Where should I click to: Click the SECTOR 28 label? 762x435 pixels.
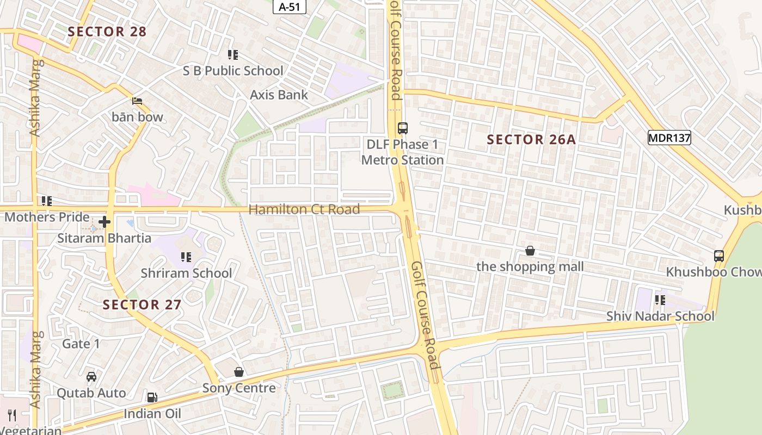point(107,32)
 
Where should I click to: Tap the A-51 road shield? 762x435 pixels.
point(289,7)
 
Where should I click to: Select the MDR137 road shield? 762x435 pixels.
point(669,138)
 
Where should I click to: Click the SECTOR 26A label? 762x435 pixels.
point(531,140)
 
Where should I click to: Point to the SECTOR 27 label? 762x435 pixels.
point(142,304)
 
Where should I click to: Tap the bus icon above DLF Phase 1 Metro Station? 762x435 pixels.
point(402,128)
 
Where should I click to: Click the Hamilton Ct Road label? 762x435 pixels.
point(304,209)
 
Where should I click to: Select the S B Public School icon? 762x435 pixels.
point(233,55)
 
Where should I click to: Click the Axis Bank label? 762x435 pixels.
point(279,95)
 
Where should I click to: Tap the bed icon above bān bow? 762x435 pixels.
point(137,101)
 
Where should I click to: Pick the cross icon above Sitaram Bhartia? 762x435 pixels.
point(105,222)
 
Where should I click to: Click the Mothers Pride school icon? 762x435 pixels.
point(47,201)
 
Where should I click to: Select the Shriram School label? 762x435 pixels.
point(186,273)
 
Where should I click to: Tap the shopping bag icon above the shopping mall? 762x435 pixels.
point(530,251)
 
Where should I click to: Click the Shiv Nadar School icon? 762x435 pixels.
point(660,300)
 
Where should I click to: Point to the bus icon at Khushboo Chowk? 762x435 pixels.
point(718,256)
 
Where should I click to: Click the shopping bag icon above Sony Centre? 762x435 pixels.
point(238,372)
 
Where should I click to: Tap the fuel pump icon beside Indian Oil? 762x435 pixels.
point(152,397)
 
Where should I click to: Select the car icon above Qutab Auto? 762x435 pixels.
point(91,377)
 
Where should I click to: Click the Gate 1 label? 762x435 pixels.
point(81,344)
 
